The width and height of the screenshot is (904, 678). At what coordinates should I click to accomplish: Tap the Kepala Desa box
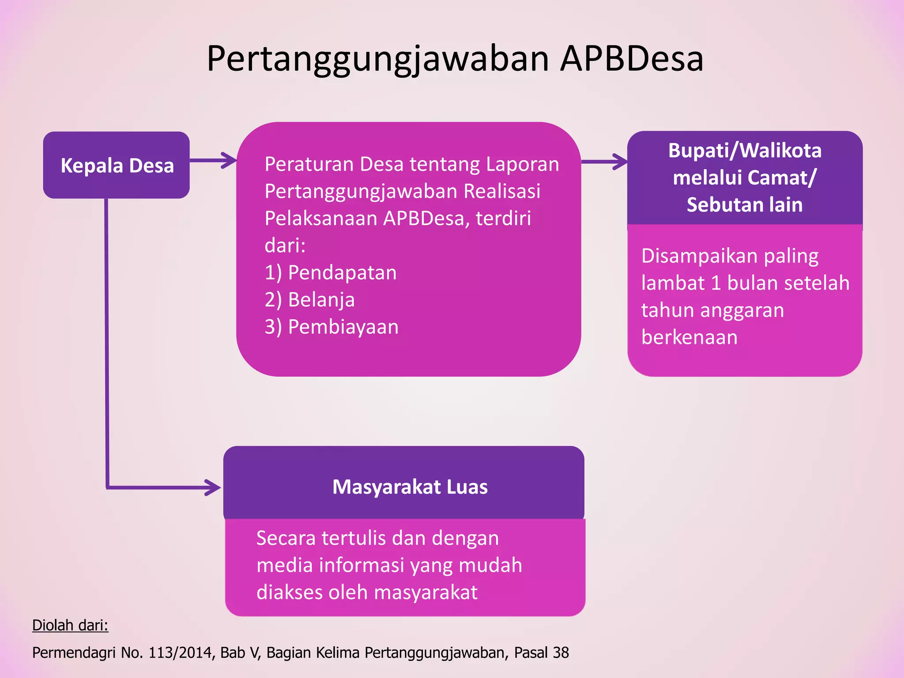(x=117, y=165)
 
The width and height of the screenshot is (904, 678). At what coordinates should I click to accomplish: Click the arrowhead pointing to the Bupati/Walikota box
(x=620, y=162)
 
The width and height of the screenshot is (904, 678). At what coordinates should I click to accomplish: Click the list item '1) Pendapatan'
(x=331, y=272)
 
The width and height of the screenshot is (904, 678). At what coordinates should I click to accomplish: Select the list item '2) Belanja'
(x=309, y=300)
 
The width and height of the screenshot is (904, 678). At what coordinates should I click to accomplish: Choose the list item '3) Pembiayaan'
(x=331, y=327)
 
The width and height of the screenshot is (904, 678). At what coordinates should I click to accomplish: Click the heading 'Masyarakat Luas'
(x=410, y=487)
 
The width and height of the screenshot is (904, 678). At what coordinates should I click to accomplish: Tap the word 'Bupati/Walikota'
(x=745, y=151)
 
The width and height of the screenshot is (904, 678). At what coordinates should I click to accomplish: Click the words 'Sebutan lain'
(x=745, y=205)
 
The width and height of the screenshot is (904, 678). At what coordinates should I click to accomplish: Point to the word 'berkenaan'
(x=689, y=337)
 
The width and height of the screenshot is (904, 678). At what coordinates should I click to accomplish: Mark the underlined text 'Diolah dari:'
(x=70, y=625)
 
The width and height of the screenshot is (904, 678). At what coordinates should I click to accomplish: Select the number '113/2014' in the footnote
(x=180, y=652)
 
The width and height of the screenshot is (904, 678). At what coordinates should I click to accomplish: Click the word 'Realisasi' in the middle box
(x=502, y=191)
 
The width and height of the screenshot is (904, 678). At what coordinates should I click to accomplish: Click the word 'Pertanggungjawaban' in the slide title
(x=378, y=60)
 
